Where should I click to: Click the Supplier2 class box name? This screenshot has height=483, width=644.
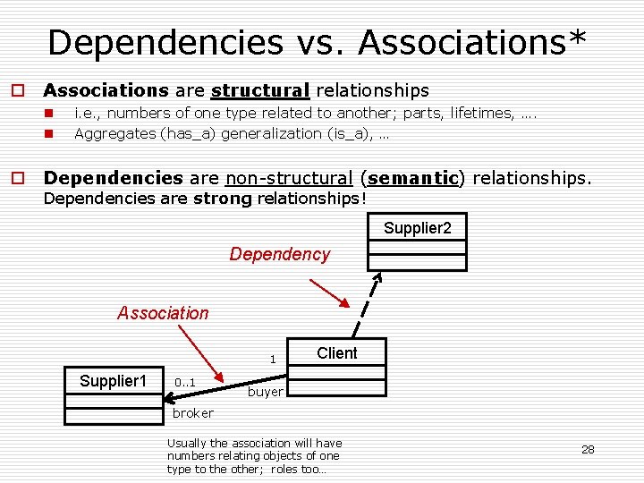(418, 228)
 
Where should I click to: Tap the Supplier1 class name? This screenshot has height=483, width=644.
(113, 381)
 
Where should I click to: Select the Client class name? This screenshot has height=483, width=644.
(336, 353)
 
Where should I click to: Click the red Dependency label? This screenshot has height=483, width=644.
(280, 254)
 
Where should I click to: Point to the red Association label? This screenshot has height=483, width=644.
(163, 313)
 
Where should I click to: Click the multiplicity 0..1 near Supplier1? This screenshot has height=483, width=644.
(185, 383)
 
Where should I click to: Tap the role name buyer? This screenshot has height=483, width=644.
(266, 392)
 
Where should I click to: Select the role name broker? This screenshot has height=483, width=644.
(193, 413)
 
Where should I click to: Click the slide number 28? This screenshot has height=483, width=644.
(588, 450)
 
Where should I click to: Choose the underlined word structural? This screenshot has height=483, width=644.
(260, 90)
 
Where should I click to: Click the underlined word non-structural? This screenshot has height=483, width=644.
(289, 178)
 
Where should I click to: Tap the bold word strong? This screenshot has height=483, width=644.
(223, 198)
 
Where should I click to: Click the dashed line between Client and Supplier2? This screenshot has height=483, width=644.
(368, 305)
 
